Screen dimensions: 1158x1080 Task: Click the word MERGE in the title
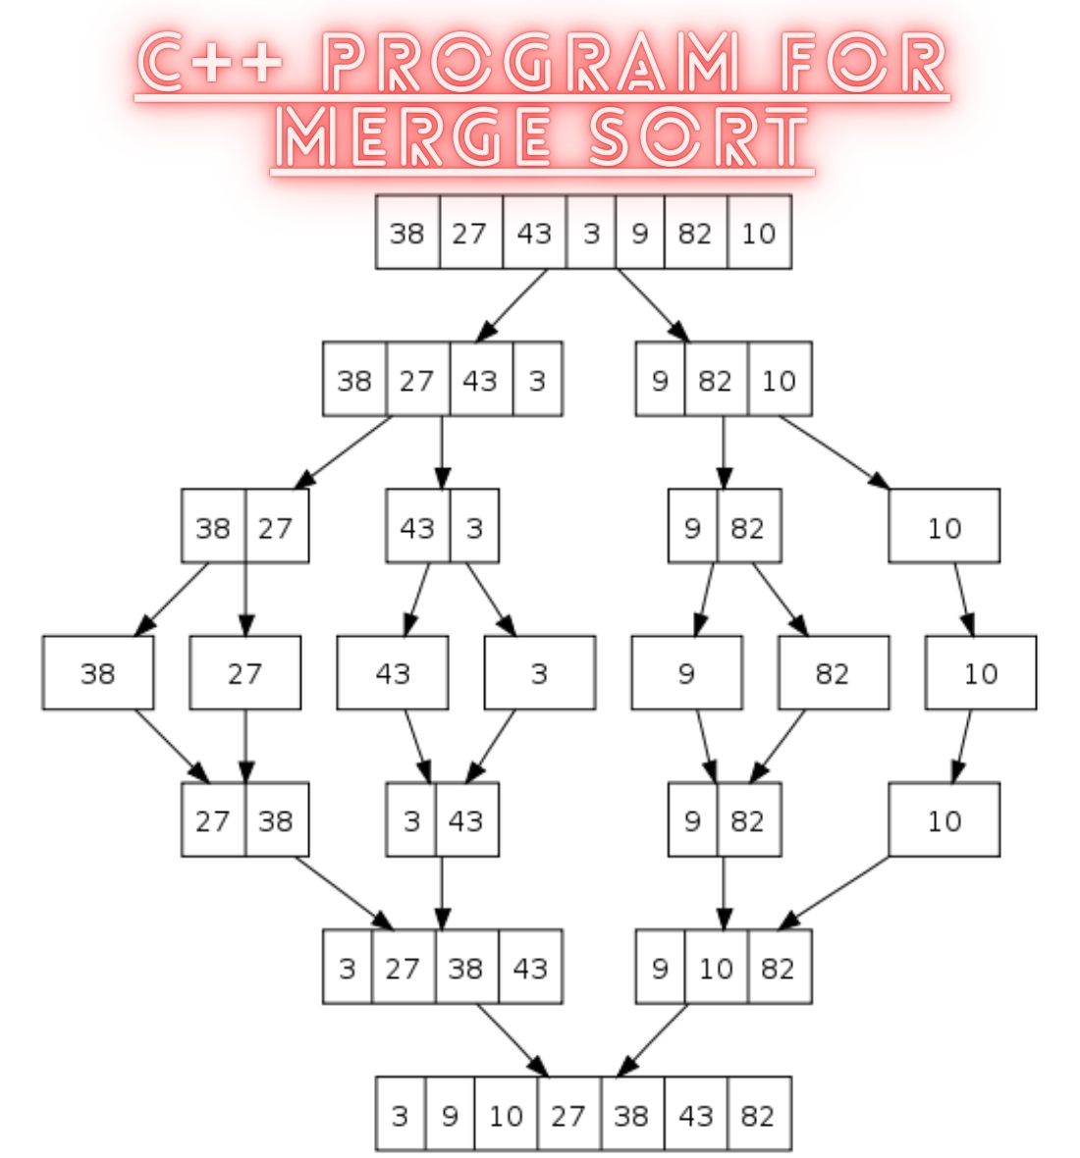(x=416, y=137)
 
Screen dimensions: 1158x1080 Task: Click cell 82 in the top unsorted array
(x=695, y=233)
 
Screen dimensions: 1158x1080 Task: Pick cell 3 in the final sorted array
(x=400, y=1116)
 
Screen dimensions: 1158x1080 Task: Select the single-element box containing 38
(x=97, y=673)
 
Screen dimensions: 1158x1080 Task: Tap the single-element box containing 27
(x=244, y=673)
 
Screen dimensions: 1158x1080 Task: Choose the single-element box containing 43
(x=392, y=673)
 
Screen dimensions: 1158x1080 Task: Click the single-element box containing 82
(x=833, y=673)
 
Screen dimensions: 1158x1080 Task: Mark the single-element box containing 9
(x=686, y=673)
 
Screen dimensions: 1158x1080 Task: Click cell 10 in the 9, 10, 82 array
(x=717, y=969)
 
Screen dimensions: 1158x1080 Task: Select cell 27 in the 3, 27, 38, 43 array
(x=403, y=969)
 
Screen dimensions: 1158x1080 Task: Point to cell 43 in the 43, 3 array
(x=417, y=527)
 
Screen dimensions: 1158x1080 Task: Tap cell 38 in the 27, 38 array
(x=276, y=820)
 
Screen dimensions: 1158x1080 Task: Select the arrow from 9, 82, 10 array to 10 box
(x=835, y=451)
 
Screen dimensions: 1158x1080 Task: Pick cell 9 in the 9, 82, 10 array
(x=660, y=380)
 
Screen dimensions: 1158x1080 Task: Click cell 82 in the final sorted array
(x=758, y=1116)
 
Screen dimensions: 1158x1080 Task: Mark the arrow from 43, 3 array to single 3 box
(x=491, y=600)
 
